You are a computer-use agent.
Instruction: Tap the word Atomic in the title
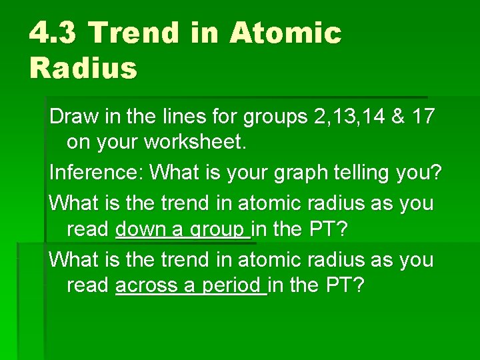(285, 33)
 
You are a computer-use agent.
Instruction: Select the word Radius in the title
(83, 68)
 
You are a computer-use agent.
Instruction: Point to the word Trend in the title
(135, 33)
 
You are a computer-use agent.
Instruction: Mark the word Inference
(95, 173)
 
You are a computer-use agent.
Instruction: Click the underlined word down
(139, 229)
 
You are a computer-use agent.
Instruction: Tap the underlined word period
(231, 286)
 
